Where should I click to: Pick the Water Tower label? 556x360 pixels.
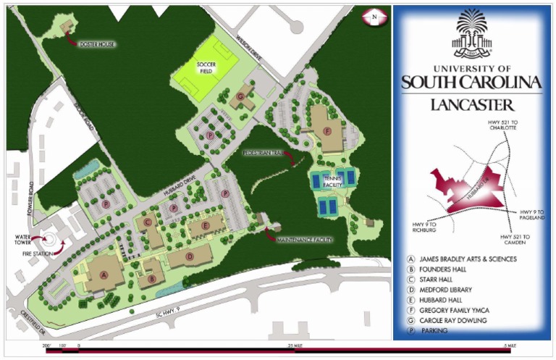pyautogui.click(x=20, y=240)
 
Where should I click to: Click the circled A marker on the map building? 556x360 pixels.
pyautogui.click(x=104, y=275)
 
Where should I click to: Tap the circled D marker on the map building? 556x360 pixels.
pyautogui.click(x=190, y=256)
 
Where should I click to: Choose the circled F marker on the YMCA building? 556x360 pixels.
pyautogui.click(x=327, y=131)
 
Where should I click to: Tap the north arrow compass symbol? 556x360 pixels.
pyautogui.click(x=374, y=15)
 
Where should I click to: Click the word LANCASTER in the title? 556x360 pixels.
pyautogui.click(x=472, y=104)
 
